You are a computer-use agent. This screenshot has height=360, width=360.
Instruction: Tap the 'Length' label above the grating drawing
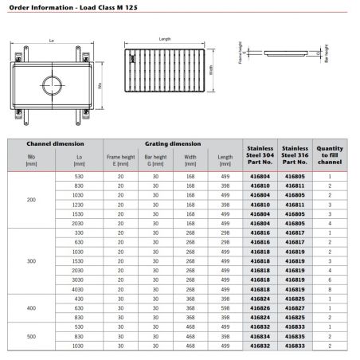165,39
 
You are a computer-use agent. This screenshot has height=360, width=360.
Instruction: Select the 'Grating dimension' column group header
172,144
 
